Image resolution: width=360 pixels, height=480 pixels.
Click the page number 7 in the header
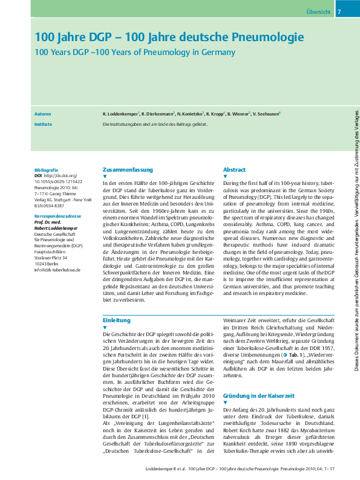coord(339,12)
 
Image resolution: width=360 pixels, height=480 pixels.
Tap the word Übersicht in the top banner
coord(318,12)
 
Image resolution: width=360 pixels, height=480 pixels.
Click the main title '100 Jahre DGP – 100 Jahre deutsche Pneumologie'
coord(169,37)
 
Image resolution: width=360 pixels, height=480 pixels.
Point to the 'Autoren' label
coord(43,113)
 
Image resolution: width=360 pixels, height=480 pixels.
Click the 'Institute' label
coord(43,124)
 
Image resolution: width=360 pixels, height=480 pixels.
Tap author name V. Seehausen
coord(266,114)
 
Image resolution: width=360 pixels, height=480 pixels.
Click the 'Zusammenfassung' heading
coord(128,170)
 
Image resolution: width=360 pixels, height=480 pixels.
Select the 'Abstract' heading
coord(234,170)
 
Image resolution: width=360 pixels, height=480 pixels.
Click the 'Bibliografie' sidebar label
coord(47,170)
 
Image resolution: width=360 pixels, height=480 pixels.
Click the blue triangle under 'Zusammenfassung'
coord(105,177)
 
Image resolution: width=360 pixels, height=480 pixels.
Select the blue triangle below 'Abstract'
coord(225,177)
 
